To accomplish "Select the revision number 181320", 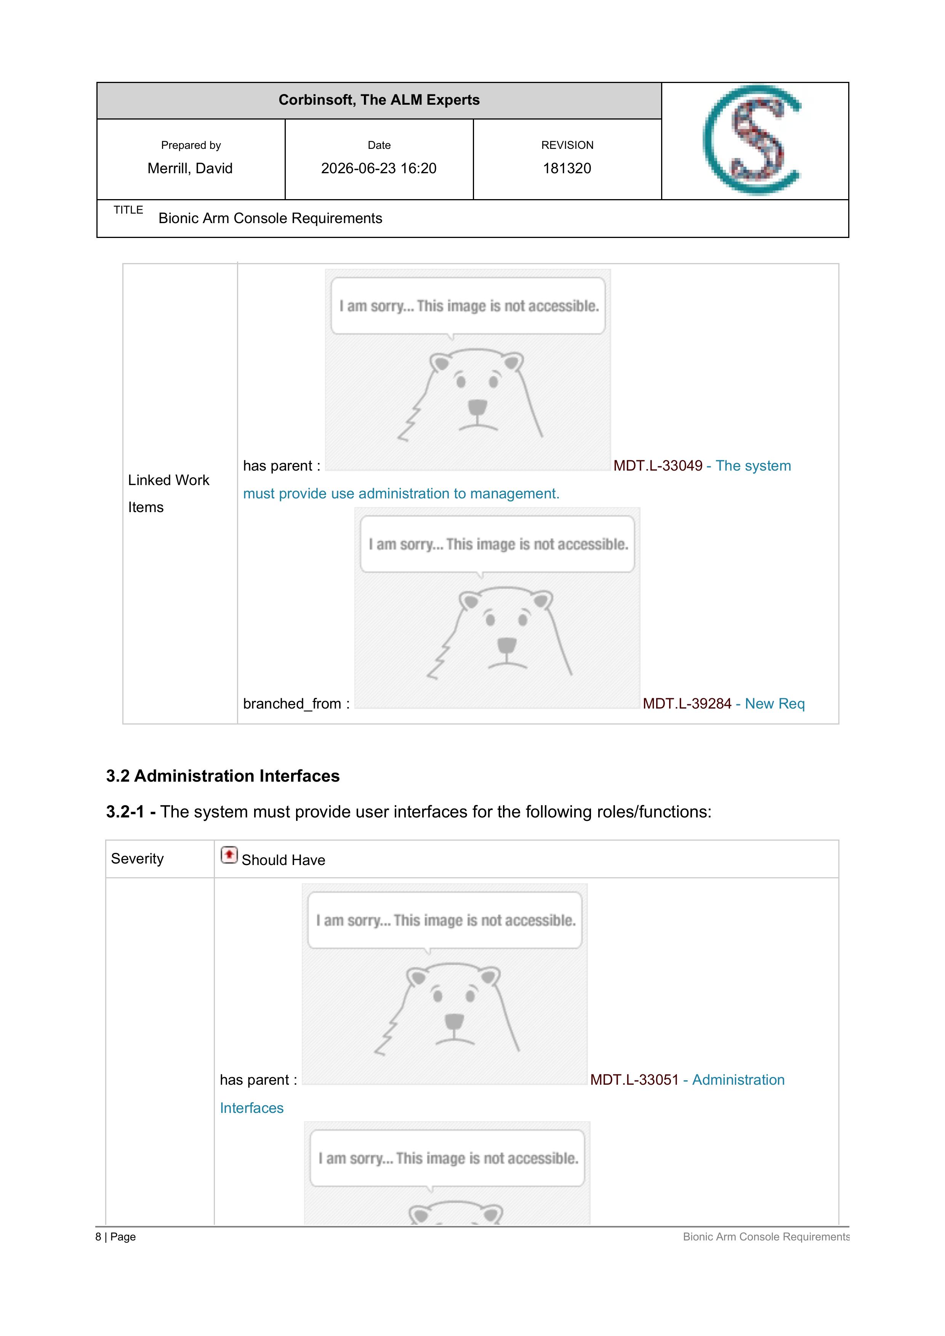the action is click(x=567, y=168).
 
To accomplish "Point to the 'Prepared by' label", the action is click(x=191, y=145).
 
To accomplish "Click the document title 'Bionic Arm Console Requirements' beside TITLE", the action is click(x=270, y=218).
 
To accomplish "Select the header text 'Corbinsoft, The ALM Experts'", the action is click(x=379, y=100).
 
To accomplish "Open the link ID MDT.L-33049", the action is click(x=658, y=466).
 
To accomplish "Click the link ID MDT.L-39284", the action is click(x=687, y=704).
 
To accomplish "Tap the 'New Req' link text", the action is click(x=775, y=704).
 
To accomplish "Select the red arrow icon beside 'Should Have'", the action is click(x=229, y=855).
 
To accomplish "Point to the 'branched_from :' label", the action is click(x=296, y=704).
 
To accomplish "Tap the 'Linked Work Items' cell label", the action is click(x=168, y=493).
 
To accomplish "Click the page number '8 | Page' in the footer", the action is click(x=115, y=1237).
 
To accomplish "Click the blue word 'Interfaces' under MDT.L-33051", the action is click(x=251, y=1108).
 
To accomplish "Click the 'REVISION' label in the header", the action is click(x=567, y=145).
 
